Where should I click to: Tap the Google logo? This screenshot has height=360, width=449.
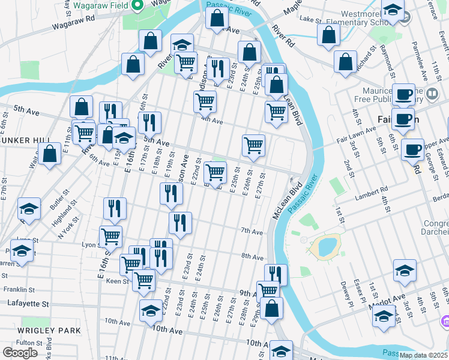(19, 353)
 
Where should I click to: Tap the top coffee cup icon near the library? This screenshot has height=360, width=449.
(404, 94)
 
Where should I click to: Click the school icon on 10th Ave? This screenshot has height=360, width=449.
(151, 311)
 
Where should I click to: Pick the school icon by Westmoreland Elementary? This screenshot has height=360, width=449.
(393, 10)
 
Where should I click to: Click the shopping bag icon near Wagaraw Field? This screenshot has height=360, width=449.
(150, 41)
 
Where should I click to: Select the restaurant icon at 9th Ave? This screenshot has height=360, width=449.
(276, 275)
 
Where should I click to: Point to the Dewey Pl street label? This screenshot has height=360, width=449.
(344, 291)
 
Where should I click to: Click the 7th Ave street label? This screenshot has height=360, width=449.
(252, 231)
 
